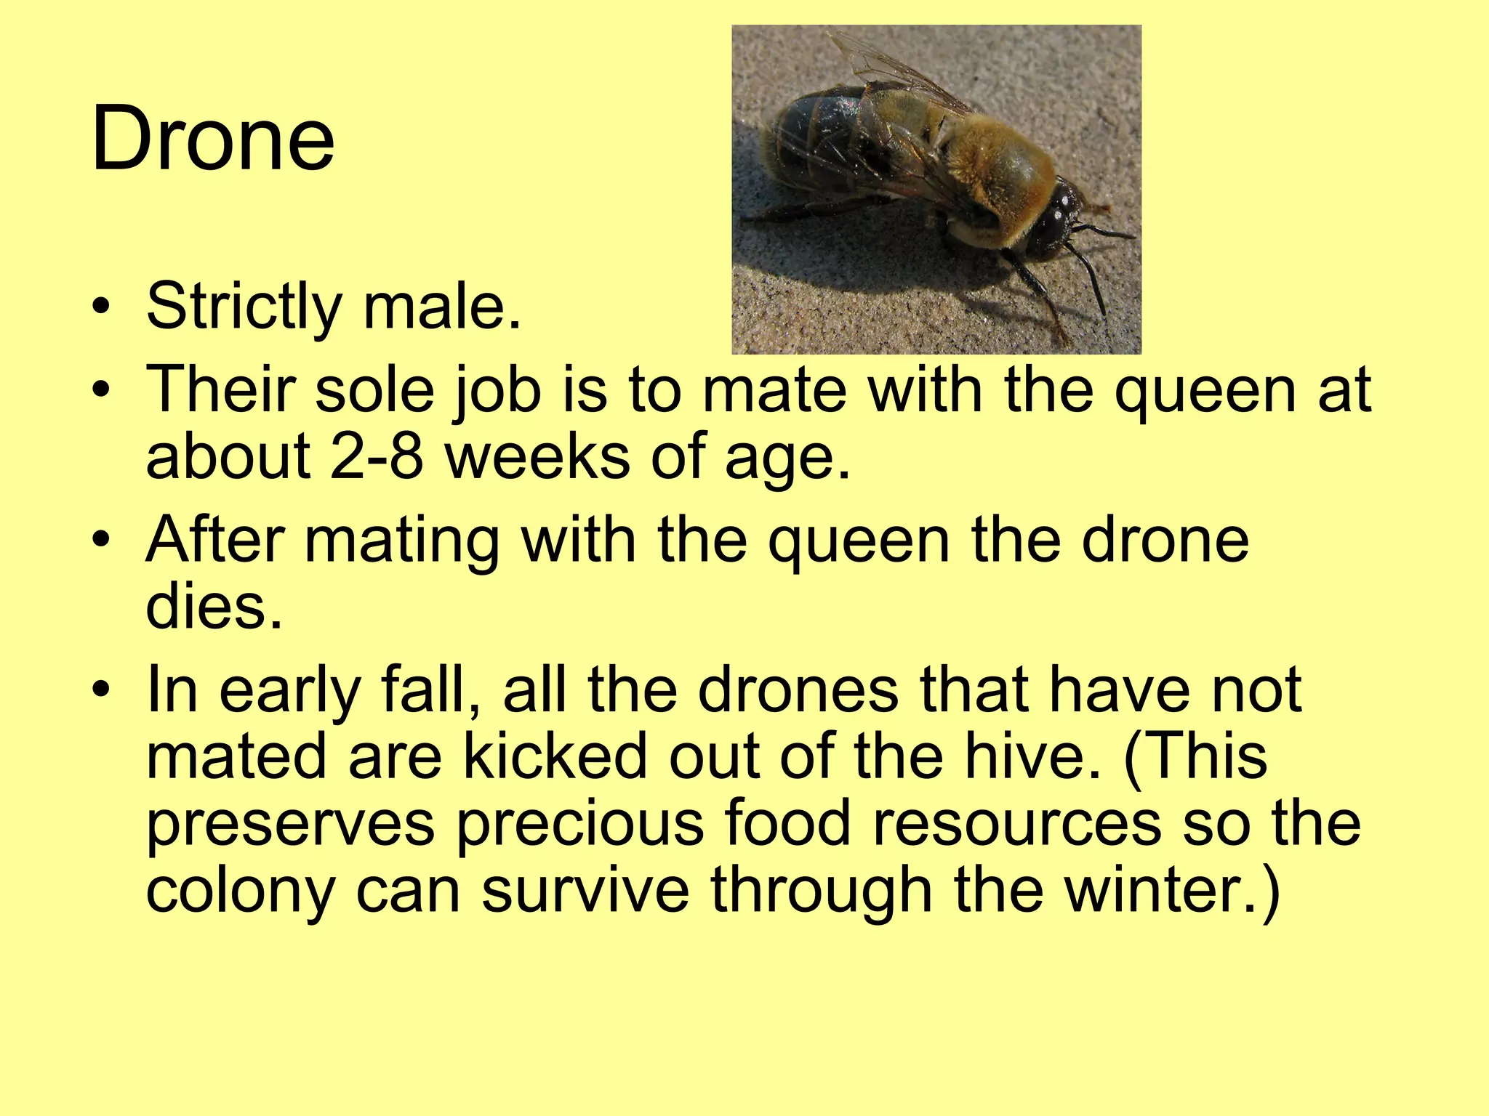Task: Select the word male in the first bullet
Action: click(x=441, y=306)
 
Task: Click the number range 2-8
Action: click(x=376, y=456)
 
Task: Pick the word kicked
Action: click(x=555, y=756)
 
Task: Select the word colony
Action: click(x=239, y=892)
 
